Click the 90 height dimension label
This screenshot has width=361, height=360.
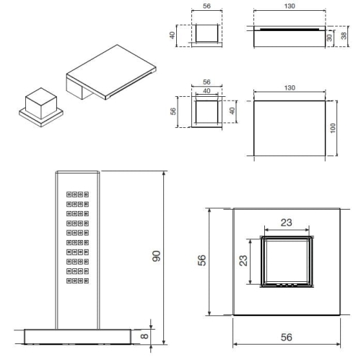[x=157, y=256]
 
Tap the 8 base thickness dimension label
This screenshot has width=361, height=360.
[x=144, y=335]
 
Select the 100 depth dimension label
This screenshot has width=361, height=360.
[x=333, y=128]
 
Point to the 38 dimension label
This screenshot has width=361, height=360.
[x=344, y=35]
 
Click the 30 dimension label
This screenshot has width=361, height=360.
[x=329, y=38]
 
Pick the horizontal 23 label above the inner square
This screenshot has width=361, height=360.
[x=287, y=223]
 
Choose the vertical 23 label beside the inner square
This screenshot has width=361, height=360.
[x=243, y=260]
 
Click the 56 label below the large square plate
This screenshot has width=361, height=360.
[x=287, y=337]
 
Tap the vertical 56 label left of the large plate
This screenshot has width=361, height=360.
[x=201, y=260]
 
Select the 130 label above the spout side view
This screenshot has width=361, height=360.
[x=290, y=6]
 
